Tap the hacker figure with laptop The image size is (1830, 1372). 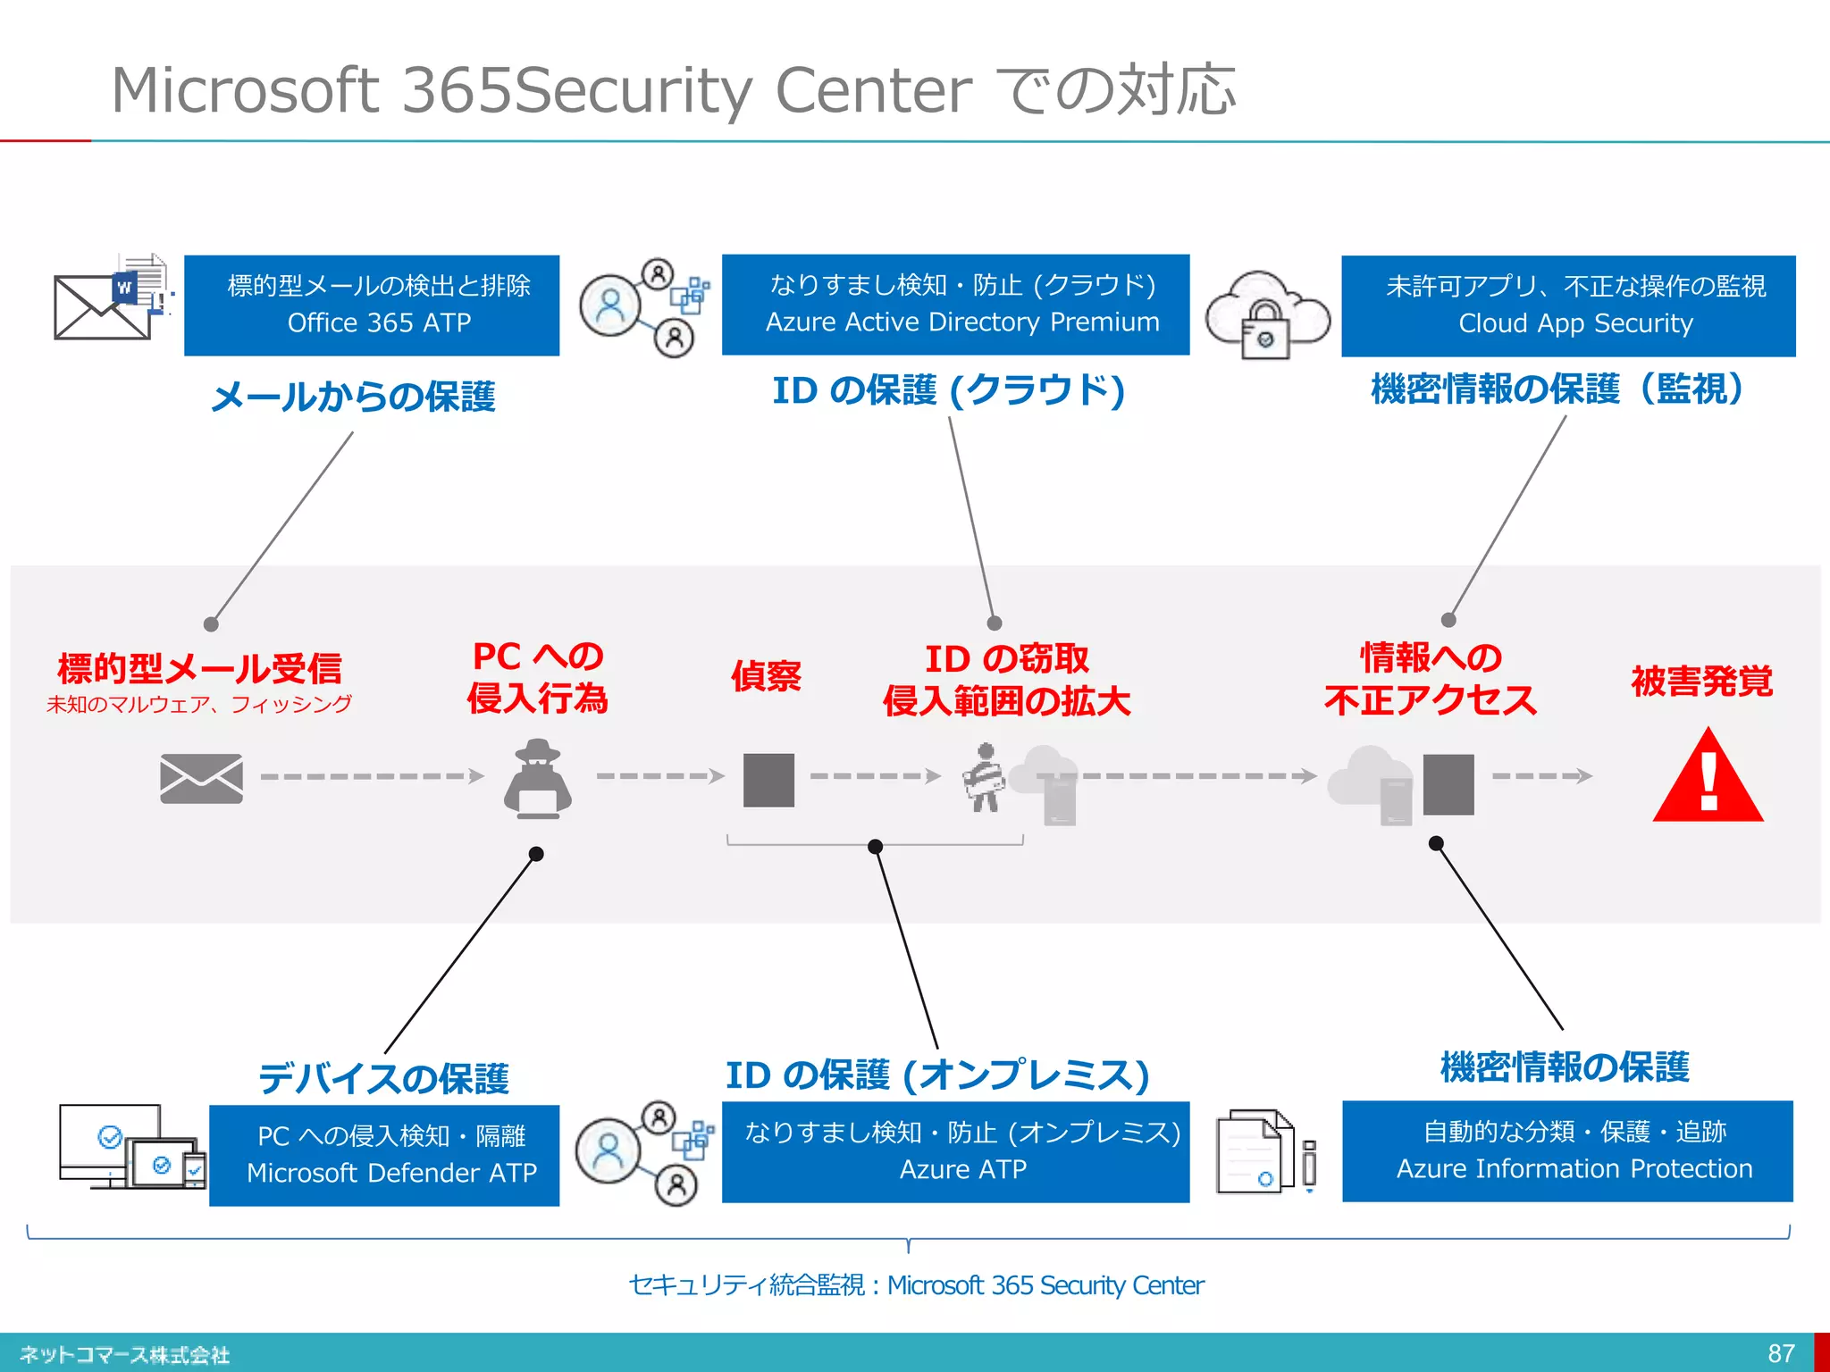537,779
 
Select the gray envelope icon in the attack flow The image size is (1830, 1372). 201,778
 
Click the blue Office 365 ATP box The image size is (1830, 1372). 372,305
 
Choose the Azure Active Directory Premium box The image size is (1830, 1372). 955,304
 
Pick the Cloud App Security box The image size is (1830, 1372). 1567,305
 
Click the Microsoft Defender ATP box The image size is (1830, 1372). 384,1155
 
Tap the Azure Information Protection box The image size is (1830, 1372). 1567,1150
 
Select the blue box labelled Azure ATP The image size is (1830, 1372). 955,1151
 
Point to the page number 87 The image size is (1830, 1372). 1781,1353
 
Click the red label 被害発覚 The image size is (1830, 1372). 1701,681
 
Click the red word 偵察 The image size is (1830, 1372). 766,676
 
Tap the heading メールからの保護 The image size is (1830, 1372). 353,397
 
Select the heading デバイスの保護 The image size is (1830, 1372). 383,1078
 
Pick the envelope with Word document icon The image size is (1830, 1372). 113,298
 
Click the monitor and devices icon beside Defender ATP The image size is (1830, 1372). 130,1147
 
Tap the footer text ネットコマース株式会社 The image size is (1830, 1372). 124,1355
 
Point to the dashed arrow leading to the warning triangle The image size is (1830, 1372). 1541,776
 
